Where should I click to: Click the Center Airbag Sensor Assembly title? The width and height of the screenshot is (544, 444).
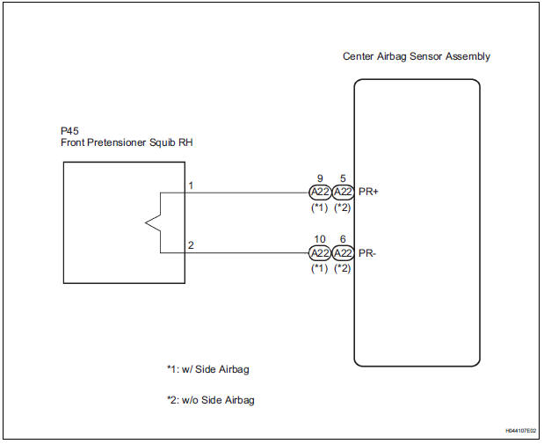click(x=416, y=57)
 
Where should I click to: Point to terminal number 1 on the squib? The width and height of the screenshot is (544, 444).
click(x=191, y=186)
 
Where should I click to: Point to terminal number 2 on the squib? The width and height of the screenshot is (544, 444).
click(x=191, y=245)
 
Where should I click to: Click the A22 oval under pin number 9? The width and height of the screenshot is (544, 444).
click(x=320, y=193)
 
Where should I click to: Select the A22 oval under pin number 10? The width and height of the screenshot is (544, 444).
click(x=320, y=253)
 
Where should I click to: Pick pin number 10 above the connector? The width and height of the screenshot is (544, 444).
click(x=319, y=239)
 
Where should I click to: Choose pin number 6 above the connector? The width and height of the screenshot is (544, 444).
click(x=343, y=239)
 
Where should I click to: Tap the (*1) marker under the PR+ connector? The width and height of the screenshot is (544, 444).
click(x=319, y=207)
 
